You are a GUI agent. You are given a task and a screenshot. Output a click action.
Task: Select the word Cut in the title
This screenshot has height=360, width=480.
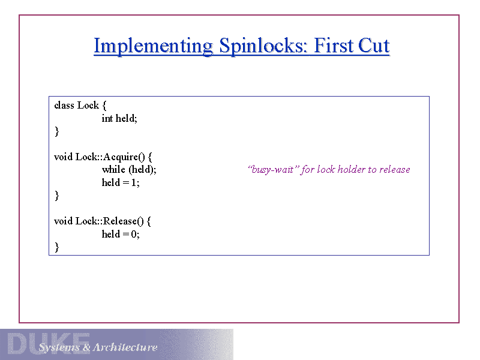(x=374, y=46)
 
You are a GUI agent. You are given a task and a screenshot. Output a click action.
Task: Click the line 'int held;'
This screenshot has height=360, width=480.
(x=119, y=118)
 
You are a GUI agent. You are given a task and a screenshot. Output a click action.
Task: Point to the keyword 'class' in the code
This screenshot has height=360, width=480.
(x=64, y=106)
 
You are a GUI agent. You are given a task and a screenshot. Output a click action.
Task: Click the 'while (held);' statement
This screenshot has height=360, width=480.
(x=129, y=170)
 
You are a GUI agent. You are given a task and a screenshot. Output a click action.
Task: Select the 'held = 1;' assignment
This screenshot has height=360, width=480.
(x=121, y=182)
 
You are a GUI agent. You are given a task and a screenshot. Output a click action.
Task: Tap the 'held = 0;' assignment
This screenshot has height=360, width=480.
(x=121, y=234)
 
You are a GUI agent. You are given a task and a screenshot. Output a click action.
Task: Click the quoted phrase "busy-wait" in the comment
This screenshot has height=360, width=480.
(x=272, y=170)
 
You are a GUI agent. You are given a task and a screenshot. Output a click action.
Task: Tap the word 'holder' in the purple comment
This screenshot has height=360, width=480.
(x=351, y=170)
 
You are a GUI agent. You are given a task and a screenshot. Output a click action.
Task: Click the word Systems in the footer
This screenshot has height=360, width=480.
(x=59, y=347)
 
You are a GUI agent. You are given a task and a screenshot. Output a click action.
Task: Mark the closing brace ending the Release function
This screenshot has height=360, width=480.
(x=56, y=247)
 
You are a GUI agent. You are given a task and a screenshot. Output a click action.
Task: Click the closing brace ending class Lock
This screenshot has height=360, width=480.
(x=56, y=131)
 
